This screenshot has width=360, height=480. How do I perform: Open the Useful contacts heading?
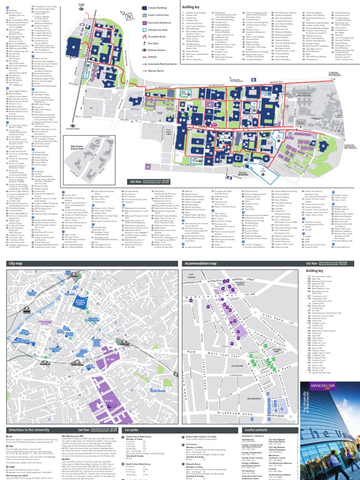tap(256, 428)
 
